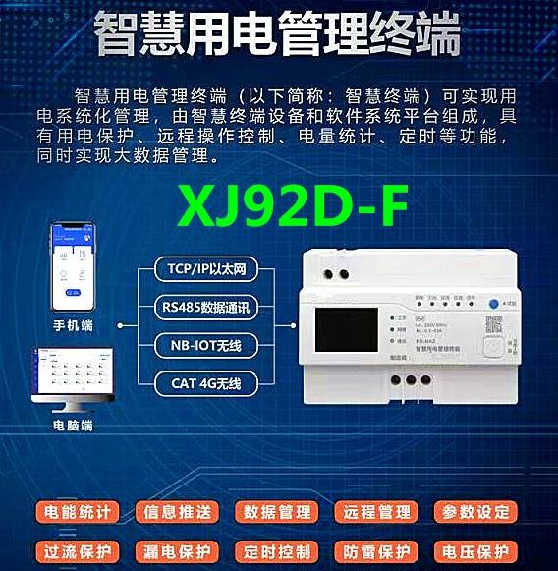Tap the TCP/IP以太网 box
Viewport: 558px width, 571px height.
(205, 267)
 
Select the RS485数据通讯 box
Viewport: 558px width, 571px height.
(205, 307)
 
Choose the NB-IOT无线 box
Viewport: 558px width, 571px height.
(205, 345)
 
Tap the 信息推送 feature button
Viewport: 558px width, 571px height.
(178, 512)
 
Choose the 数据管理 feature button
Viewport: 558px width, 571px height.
(278, 512)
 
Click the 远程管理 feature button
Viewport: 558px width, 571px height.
(377, 512)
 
